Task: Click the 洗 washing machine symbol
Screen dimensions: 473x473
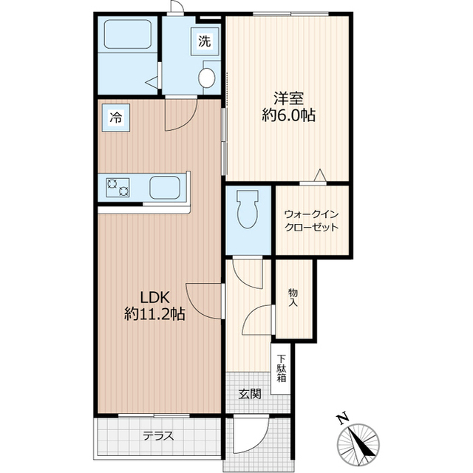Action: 204,41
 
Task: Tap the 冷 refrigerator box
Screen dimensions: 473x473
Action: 116,116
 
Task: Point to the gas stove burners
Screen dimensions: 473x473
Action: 118,188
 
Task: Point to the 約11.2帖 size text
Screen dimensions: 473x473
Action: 154,313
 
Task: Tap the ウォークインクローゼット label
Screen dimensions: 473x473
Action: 311,220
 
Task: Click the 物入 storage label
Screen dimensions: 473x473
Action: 293,297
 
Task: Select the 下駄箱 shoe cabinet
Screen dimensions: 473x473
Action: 282,367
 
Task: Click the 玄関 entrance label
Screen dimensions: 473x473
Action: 249,394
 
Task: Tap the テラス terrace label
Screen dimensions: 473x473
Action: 158,436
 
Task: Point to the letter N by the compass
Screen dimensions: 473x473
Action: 342,419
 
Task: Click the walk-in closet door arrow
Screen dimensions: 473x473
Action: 319,175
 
